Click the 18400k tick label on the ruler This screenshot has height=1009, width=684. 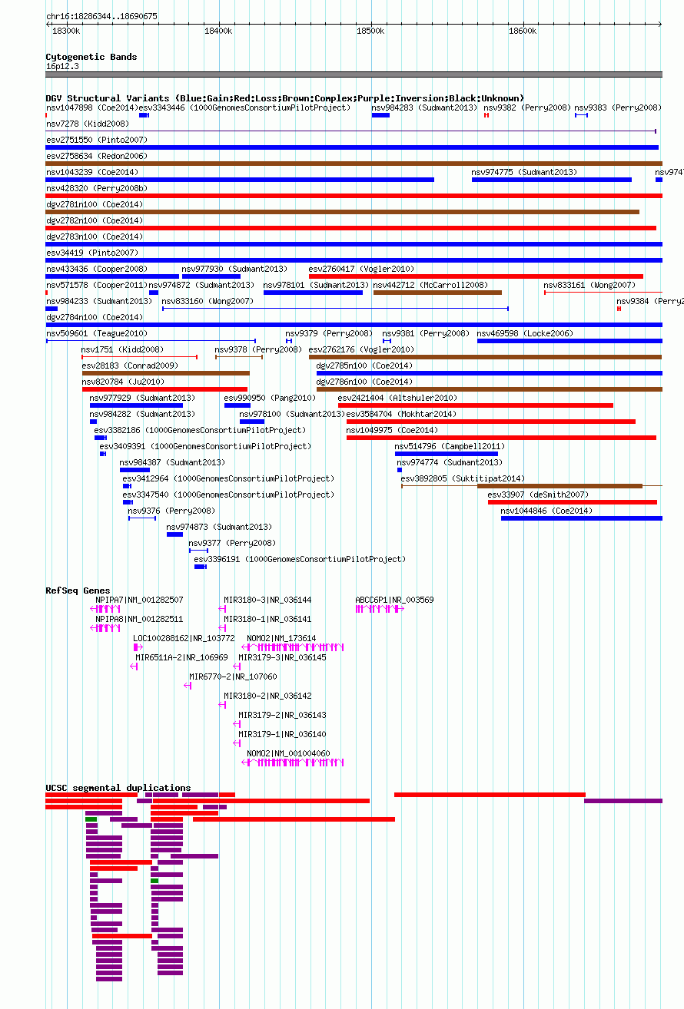[218, 31]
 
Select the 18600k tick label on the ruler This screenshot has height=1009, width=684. [523, 31]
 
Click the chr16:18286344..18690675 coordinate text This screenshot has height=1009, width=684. [102, 16]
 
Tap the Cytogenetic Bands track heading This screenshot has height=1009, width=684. [91, 57]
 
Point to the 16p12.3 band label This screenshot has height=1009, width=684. [62, 66]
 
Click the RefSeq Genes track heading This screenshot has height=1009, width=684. [78, 590]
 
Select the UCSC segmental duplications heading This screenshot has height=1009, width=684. [118, 787]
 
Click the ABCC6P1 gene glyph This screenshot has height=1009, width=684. [380, 609]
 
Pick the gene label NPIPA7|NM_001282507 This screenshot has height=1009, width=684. [139, 600]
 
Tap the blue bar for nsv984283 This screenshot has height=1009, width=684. [380, 115]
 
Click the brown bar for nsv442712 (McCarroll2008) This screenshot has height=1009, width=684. [437, 293]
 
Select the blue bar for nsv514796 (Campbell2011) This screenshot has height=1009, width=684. [447, 454]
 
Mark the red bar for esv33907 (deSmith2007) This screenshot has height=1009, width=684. [573, 502]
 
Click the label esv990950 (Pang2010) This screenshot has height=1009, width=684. [270, 399]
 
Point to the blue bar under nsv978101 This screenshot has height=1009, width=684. [313, 293]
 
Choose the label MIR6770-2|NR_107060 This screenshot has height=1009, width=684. [233, 677]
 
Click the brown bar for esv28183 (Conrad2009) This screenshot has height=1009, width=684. [166, 373]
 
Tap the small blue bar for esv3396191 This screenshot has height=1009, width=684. [200, 567]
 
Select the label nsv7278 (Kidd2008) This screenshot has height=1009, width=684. [88, 124]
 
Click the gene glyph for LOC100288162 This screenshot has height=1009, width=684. [138, 647]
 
